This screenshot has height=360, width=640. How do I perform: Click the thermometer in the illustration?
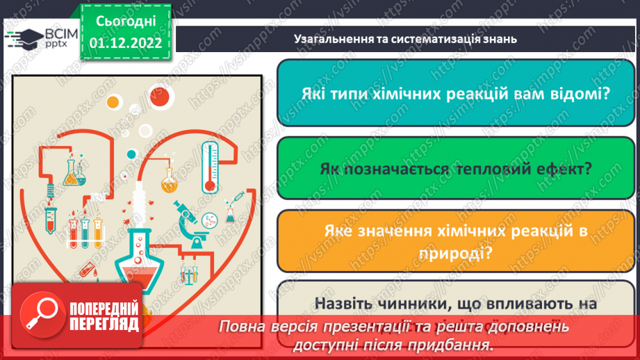[x=208, y=167]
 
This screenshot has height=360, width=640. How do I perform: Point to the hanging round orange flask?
[x=169, y=180]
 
